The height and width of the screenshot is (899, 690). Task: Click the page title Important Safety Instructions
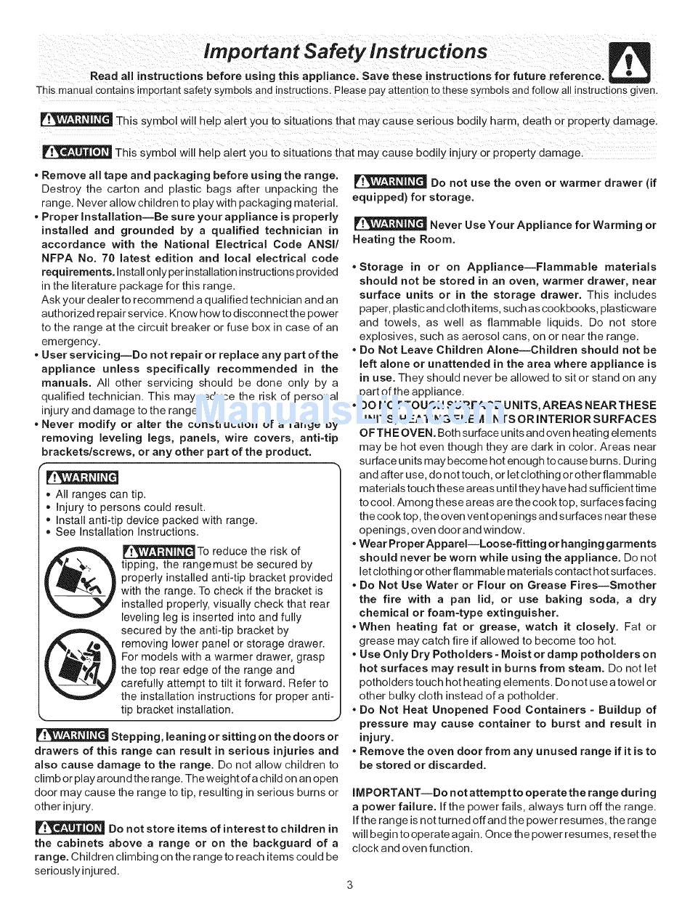pyautogui.click(x=345, y=52)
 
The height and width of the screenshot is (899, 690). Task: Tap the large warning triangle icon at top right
pyautogui.click(x=629, y=63)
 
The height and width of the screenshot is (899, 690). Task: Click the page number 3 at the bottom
pyautogui.click(x=349, y=884)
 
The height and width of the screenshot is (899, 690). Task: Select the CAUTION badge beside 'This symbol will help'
pyautogui.click(x=76, y=152)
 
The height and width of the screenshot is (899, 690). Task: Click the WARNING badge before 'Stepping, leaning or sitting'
pyautogui.click(x=71, y=736)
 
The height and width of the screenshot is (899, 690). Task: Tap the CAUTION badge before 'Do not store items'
pyautogui.click(x=69, y=828)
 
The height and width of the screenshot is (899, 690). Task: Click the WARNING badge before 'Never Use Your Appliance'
pyautogui.click(x=389, y=225)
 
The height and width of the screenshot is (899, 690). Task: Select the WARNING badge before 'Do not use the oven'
pyautogui.click(x=389, y=182)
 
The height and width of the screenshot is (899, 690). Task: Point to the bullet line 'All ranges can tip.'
pyautogui.click(x=101, y=494)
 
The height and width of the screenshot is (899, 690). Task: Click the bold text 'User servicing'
pyautogui.click(x=81, y=355)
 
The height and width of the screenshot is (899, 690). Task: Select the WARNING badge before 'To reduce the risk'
pyautogui.click(x=158, y=552)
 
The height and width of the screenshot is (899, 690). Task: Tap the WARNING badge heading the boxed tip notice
pyautogui.click(x=81, y=477)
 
